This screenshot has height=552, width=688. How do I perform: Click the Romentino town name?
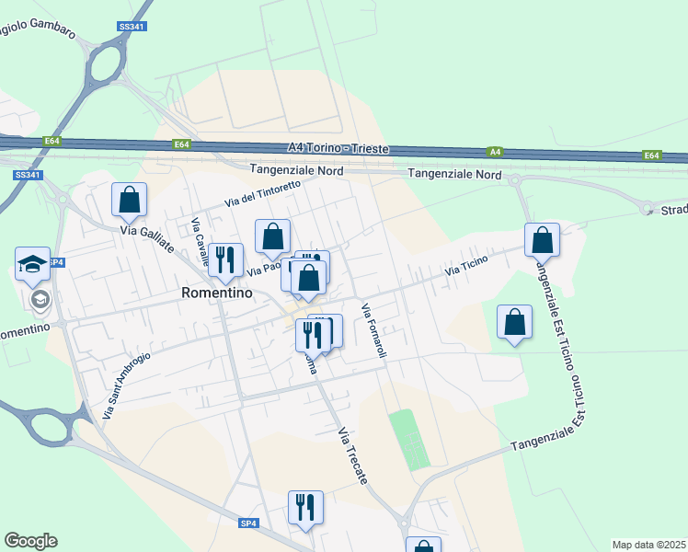(216, 293)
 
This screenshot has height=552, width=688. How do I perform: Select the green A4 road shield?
(495, 152)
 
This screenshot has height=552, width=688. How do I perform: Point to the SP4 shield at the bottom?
(248, 523)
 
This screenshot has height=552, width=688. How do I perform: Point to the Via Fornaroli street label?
(374, 330)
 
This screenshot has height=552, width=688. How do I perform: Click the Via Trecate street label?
(352, 456)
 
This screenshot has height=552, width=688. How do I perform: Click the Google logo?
(30, 541)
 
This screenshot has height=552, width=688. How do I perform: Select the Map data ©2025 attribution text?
(648, 545)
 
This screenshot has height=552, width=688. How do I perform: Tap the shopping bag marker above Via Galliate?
(130, 199)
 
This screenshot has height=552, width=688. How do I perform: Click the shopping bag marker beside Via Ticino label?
(542, 240)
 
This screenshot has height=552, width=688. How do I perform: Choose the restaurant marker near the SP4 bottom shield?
(305, 507)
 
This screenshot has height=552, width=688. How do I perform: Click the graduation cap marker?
(33, 265)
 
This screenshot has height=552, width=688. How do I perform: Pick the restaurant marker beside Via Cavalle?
(225, 259)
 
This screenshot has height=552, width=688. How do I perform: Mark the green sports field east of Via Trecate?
(409, 440)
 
